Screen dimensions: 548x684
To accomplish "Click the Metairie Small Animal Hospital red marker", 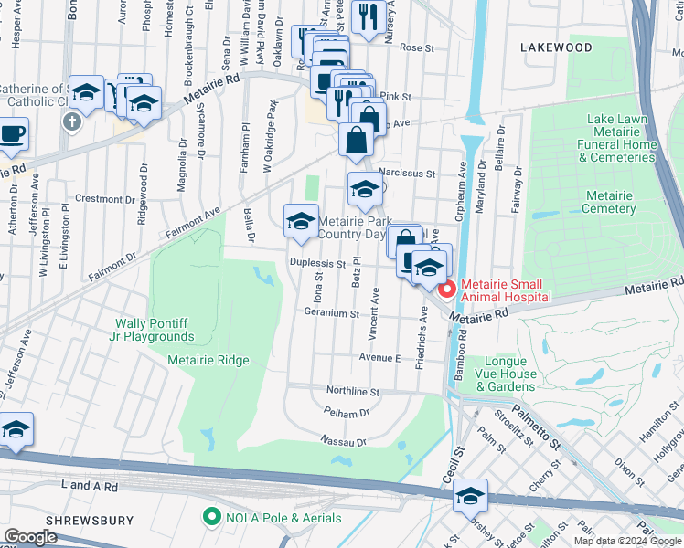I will pyautogui.click(x=447, y=290).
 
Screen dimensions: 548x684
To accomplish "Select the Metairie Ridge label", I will pyautogui.click(x=208, y=360).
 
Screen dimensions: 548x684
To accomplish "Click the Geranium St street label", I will pyautogui.click(x=331, y=313).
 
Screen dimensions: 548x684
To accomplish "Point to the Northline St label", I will pyautogui.click(x=353, y=391).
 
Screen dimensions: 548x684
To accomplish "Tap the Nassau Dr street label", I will pyautogui.click(x=341, y=442).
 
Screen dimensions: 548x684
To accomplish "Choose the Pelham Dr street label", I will pyautogui.click(x=347, y=413).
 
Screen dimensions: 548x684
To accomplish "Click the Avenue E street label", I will pyautogui.click(x=379, y=358).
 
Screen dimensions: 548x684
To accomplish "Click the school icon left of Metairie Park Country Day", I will pyautogui.click(x=301, y=220).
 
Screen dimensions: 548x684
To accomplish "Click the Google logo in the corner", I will pyautogui.click(x=31, y=537).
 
